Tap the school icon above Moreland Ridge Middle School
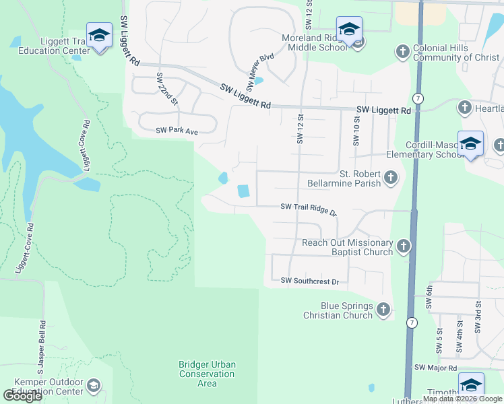point(349,29)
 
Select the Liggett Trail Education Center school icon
point(99,35)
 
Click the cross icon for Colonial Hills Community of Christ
point(402,52)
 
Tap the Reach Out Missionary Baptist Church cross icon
point(403,246)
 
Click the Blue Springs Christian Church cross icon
point(383,310)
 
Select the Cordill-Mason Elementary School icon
point(470,144)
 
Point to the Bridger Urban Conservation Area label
point(207,374)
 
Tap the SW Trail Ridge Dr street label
point(308,209)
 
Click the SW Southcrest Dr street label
point(309,280)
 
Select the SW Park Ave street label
point(177,131)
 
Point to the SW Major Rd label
point(436,368)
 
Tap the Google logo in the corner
point(22,396)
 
